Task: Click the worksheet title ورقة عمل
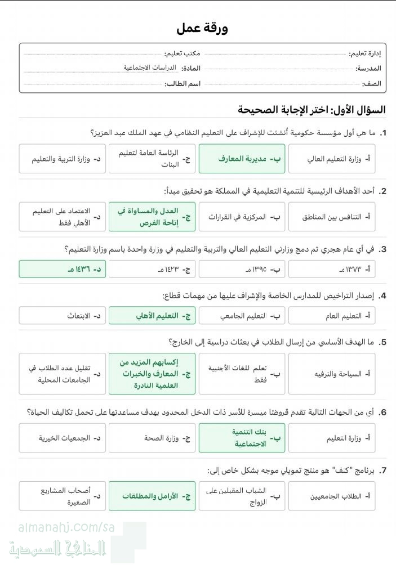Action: click(202, 28)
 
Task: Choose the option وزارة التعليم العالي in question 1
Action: click(332, 159)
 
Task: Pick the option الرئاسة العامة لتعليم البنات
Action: click(152, 159)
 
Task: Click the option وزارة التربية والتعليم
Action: click(62, 159)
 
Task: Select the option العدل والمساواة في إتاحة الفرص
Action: click(152, 217)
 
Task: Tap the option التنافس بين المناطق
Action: click(332, 217)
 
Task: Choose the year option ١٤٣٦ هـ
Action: click(62, 269)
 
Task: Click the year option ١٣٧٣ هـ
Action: click(332, 269)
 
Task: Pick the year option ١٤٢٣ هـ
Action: click(152, 269)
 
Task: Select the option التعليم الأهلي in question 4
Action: click(152, 316)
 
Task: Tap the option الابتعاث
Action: click(62, 316)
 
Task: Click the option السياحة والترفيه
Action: click(332, 374)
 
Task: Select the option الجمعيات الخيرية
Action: click(62, 438)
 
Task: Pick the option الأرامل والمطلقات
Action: click(152, 496)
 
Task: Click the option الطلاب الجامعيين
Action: click(332, 496)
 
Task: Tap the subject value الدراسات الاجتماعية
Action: click(150, 68)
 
